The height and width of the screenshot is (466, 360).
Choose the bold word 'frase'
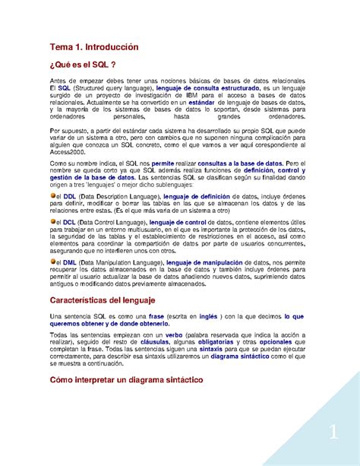click(x=157, y=316)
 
